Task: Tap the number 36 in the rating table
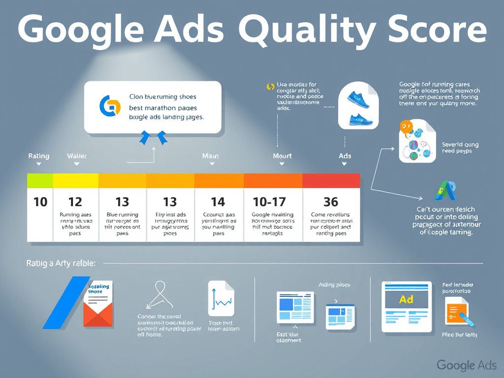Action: pos(331,201)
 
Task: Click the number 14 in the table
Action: pos(218,201)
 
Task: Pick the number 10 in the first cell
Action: pos(40,201)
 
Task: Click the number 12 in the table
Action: pos(75,201)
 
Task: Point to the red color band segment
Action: pos(331,181)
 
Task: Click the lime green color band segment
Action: pos(40,181)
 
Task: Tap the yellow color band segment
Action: pos(75,181)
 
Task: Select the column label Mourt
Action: pos(282,156)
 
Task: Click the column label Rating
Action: pos(38,156)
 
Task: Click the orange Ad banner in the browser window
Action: pos(406,299)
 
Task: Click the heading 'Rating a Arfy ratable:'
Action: pos(61,264)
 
